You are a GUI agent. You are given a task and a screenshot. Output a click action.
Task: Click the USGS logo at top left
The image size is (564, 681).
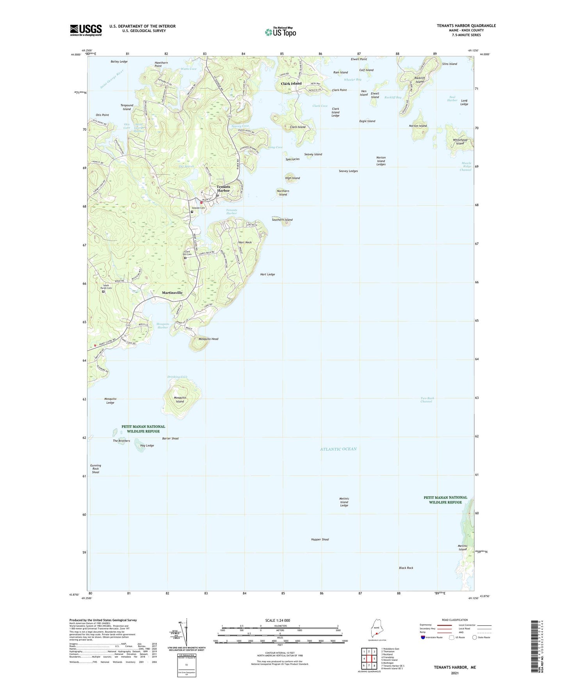click(86, 30)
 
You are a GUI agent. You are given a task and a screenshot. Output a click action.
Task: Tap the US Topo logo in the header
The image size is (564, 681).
click(280, 32)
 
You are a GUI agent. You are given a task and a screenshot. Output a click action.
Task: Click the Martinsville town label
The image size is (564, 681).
click(172, 293)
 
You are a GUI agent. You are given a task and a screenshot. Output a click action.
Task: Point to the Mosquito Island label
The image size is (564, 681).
click(180, 399)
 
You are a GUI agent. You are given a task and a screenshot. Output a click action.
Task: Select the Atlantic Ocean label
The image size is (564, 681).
click(338, 449)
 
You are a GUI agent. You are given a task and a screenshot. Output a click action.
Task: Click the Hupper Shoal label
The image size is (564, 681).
click(320, 539)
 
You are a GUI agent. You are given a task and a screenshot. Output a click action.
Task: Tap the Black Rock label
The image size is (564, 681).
click(406, 568)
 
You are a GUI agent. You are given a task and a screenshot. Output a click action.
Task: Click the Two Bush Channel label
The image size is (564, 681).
click(427, 400)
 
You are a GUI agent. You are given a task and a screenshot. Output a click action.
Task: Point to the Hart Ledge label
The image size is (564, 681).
click(267, 274)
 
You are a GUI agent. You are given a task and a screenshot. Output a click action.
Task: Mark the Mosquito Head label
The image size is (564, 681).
click(208, 339)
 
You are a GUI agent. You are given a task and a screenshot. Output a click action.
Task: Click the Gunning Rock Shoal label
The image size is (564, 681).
click(96, 469)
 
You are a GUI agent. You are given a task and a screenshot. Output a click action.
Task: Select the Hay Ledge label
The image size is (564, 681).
click(147, 445)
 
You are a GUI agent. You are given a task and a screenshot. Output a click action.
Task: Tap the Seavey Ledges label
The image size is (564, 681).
click(348, 171)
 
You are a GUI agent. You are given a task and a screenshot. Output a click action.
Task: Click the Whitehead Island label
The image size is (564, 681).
click(460, 142)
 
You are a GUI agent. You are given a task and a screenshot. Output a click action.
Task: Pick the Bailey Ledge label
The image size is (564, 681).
click(119, 62)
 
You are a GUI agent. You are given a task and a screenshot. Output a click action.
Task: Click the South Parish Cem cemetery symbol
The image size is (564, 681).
click(103, 292)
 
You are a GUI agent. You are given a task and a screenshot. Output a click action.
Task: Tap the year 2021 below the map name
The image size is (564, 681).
click(455, 673)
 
